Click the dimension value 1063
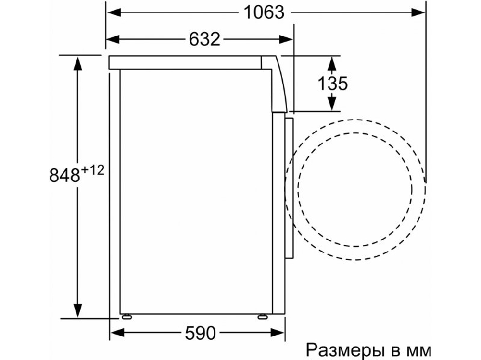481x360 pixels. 263,12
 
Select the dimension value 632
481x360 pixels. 204,39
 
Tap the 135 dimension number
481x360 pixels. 332,84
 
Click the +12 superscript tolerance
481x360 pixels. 92,170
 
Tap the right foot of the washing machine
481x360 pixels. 263,317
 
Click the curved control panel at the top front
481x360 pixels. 279,84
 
